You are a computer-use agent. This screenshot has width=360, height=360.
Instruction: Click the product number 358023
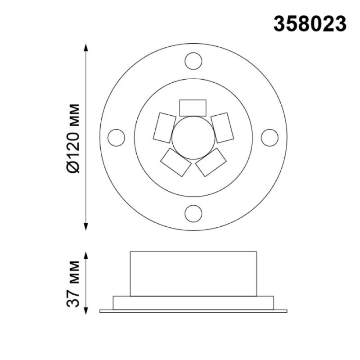310,24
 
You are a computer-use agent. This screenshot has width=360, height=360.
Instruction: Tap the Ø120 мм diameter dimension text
73,138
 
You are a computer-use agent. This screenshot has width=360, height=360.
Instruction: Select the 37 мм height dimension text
73,284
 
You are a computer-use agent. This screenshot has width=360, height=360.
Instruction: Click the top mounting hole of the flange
193,61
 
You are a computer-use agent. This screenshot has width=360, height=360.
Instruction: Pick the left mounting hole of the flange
117,138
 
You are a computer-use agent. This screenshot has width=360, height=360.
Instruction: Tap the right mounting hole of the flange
270,138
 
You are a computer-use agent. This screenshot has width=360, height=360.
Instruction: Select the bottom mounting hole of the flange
193,214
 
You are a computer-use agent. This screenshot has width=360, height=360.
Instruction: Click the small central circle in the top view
193,138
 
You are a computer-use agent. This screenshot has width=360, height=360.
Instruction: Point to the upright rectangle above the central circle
193,108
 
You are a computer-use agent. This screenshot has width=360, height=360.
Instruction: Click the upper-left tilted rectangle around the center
165,128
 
